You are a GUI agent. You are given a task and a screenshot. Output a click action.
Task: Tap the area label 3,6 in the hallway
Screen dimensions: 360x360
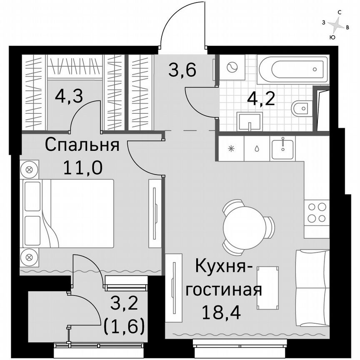pyautogui.click(x=182, y=69)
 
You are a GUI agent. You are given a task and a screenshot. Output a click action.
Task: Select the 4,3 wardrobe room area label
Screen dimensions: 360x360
pyautogui.click(x=69, y=97)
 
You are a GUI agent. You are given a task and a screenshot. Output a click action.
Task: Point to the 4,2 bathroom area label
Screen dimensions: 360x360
pyautogui.click(x=262, y=99)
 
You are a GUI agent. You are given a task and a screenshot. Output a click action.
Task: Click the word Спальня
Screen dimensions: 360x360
pyautogui.click(x=82, y=145)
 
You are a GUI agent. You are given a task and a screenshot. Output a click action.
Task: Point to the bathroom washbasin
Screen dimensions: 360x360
pyautogui.click(x=249, y=120)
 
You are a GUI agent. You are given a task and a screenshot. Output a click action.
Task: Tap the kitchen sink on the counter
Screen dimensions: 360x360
pyautogui.click(x=282, y=148)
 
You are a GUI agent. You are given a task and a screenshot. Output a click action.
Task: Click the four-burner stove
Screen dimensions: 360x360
pyautogui.click(x=316, y=212)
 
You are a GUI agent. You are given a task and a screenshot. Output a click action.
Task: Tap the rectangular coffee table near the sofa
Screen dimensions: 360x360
pyautogui.click(x=266, y=287)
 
